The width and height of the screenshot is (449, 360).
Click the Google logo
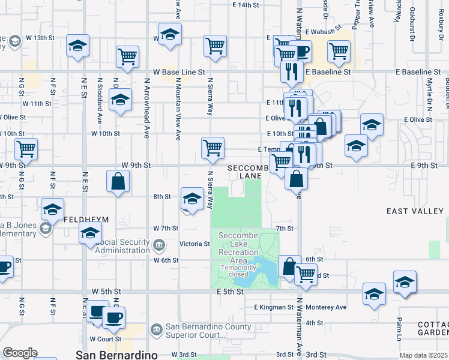[19, 353]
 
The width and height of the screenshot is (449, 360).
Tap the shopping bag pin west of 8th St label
[118, 181]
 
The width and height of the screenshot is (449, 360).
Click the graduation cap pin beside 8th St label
[191, 199]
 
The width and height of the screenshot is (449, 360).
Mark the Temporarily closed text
[238, 271]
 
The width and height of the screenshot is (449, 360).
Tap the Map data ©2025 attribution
[423, 355]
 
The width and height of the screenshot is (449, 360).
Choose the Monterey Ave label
[327, 307]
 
